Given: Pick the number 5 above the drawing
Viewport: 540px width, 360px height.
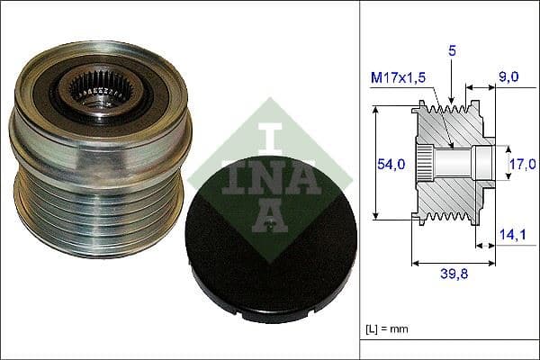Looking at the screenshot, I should pos(453,52).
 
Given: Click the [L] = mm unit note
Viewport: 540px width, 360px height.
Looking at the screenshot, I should pos(388,330).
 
